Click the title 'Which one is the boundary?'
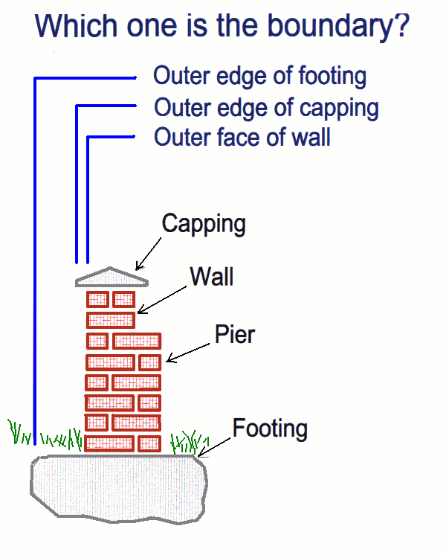coord(222,26)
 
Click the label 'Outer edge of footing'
coord(259,76)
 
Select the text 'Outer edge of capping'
coord(266,107)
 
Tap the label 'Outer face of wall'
coord(242,138)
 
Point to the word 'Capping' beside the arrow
coord(203,223)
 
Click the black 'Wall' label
coord(212,277)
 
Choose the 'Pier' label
coord(234,334)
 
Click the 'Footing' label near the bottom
coord(269,429)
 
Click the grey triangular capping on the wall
coord(111,277)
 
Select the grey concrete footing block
coord(119,487)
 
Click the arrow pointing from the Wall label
coord(161,298)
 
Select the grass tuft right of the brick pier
coord(186,442)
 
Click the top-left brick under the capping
coord(97,300)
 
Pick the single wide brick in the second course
coord(111,320)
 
